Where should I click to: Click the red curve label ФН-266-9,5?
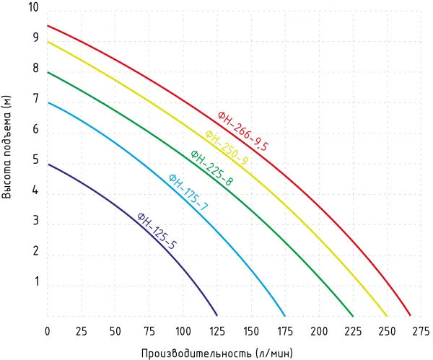[243, 131]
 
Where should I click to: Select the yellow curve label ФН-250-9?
[227, 148]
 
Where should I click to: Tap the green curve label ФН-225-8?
[211, 168]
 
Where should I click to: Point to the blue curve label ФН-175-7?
[188, 193]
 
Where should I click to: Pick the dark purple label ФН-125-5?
[157, 231]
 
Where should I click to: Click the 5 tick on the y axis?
[35, 162]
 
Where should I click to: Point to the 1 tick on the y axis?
[35, 286]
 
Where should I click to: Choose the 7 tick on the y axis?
[35, 100]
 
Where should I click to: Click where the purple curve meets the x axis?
[217, 316]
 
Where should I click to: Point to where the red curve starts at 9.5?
[48, 26]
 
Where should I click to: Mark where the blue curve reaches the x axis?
[285, 316]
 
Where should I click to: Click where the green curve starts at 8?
[48, 72]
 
